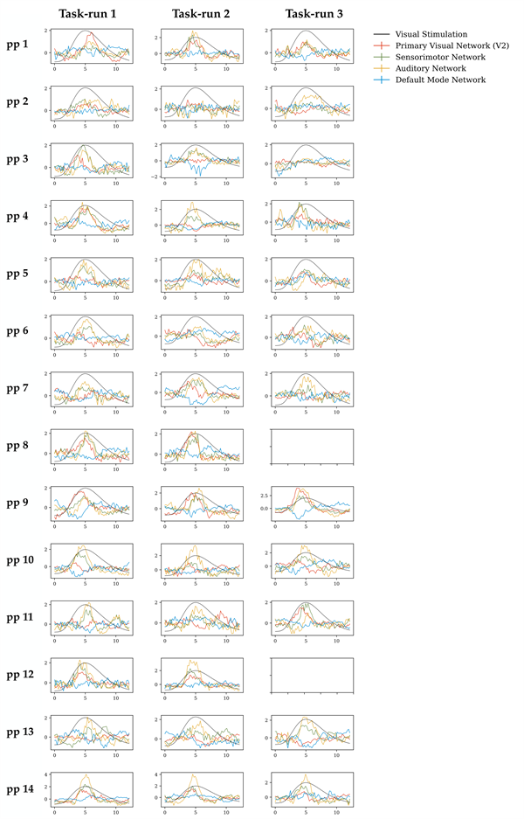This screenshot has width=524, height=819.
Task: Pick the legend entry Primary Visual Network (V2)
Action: point(452,45)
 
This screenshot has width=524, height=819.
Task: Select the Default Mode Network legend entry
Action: point(441,80)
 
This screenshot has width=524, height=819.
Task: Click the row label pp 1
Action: point(17,44)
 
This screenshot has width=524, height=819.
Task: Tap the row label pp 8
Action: point(17,446)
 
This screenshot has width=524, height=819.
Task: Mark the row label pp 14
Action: point(20,789)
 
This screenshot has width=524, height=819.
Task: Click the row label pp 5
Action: point(17,274)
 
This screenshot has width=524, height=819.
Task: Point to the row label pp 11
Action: point(20,617)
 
